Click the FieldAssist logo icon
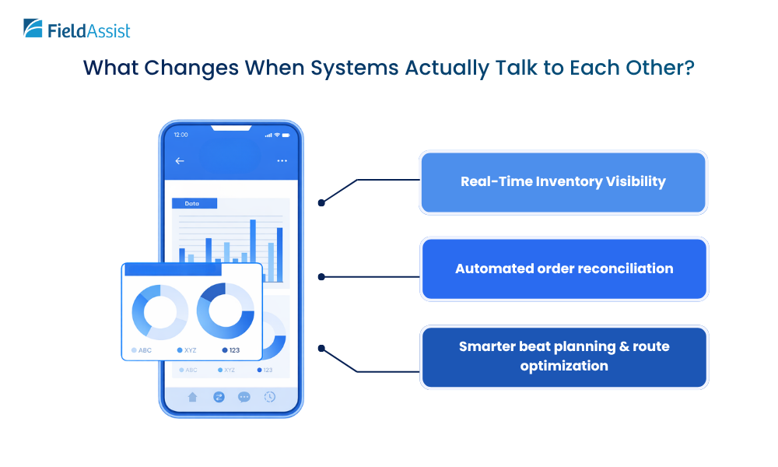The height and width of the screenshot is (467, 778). click(33, 30)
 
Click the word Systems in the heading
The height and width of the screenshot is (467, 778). click(352, 67)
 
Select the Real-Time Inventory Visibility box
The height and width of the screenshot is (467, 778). click(562, 182)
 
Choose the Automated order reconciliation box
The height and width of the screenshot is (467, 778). click(564, 269)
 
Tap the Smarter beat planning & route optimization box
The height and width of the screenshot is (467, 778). click(564, 356)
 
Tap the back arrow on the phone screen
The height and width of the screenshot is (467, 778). click(180, 161)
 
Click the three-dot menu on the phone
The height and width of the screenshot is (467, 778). click(282, 161)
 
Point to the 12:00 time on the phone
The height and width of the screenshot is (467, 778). click(180, 135)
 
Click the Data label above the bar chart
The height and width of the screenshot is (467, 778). click(192, 204)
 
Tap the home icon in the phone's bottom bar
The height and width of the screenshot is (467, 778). click(193, 397)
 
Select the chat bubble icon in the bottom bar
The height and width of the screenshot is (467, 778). click(244, 397)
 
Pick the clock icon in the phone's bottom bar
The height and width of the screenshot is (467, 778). click(269, 397)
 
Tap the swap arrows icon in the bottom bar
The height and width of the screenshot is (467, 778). click(219, 397)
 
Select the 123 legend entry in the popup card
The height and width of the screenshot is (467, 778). click(230, 350)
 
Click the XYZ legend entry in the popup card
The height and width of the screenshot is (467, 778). click(186, 350)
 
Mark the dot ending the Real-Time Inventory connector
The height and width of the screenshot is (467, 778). click(321, 202)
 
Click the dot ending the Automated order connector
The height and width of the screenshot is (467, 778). click(321, 276)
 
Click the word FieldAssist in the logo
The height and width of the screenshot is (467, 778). click(89, 31)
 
